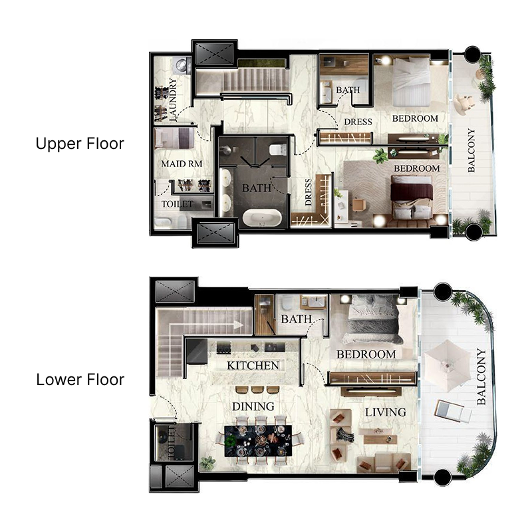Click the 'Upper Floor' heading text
click(x=80, y=144)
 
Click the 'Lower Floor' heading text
click(x=80, y=380)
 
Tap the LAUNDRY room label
click(x=173, y=100)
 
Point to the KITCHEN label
click(x=253, y=366)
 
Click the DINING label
click(x=253, y=406)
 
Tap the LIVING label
click(x=385, y=412)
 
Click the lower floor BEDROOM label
click(x=366, y=354)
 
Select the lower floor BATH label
click(x=296, y=320)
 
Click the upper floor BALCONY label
click(x=471, y=150)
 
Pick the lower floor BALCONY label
click(x=481, y=378)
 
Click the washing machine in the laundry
click(x=181, y=65)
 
